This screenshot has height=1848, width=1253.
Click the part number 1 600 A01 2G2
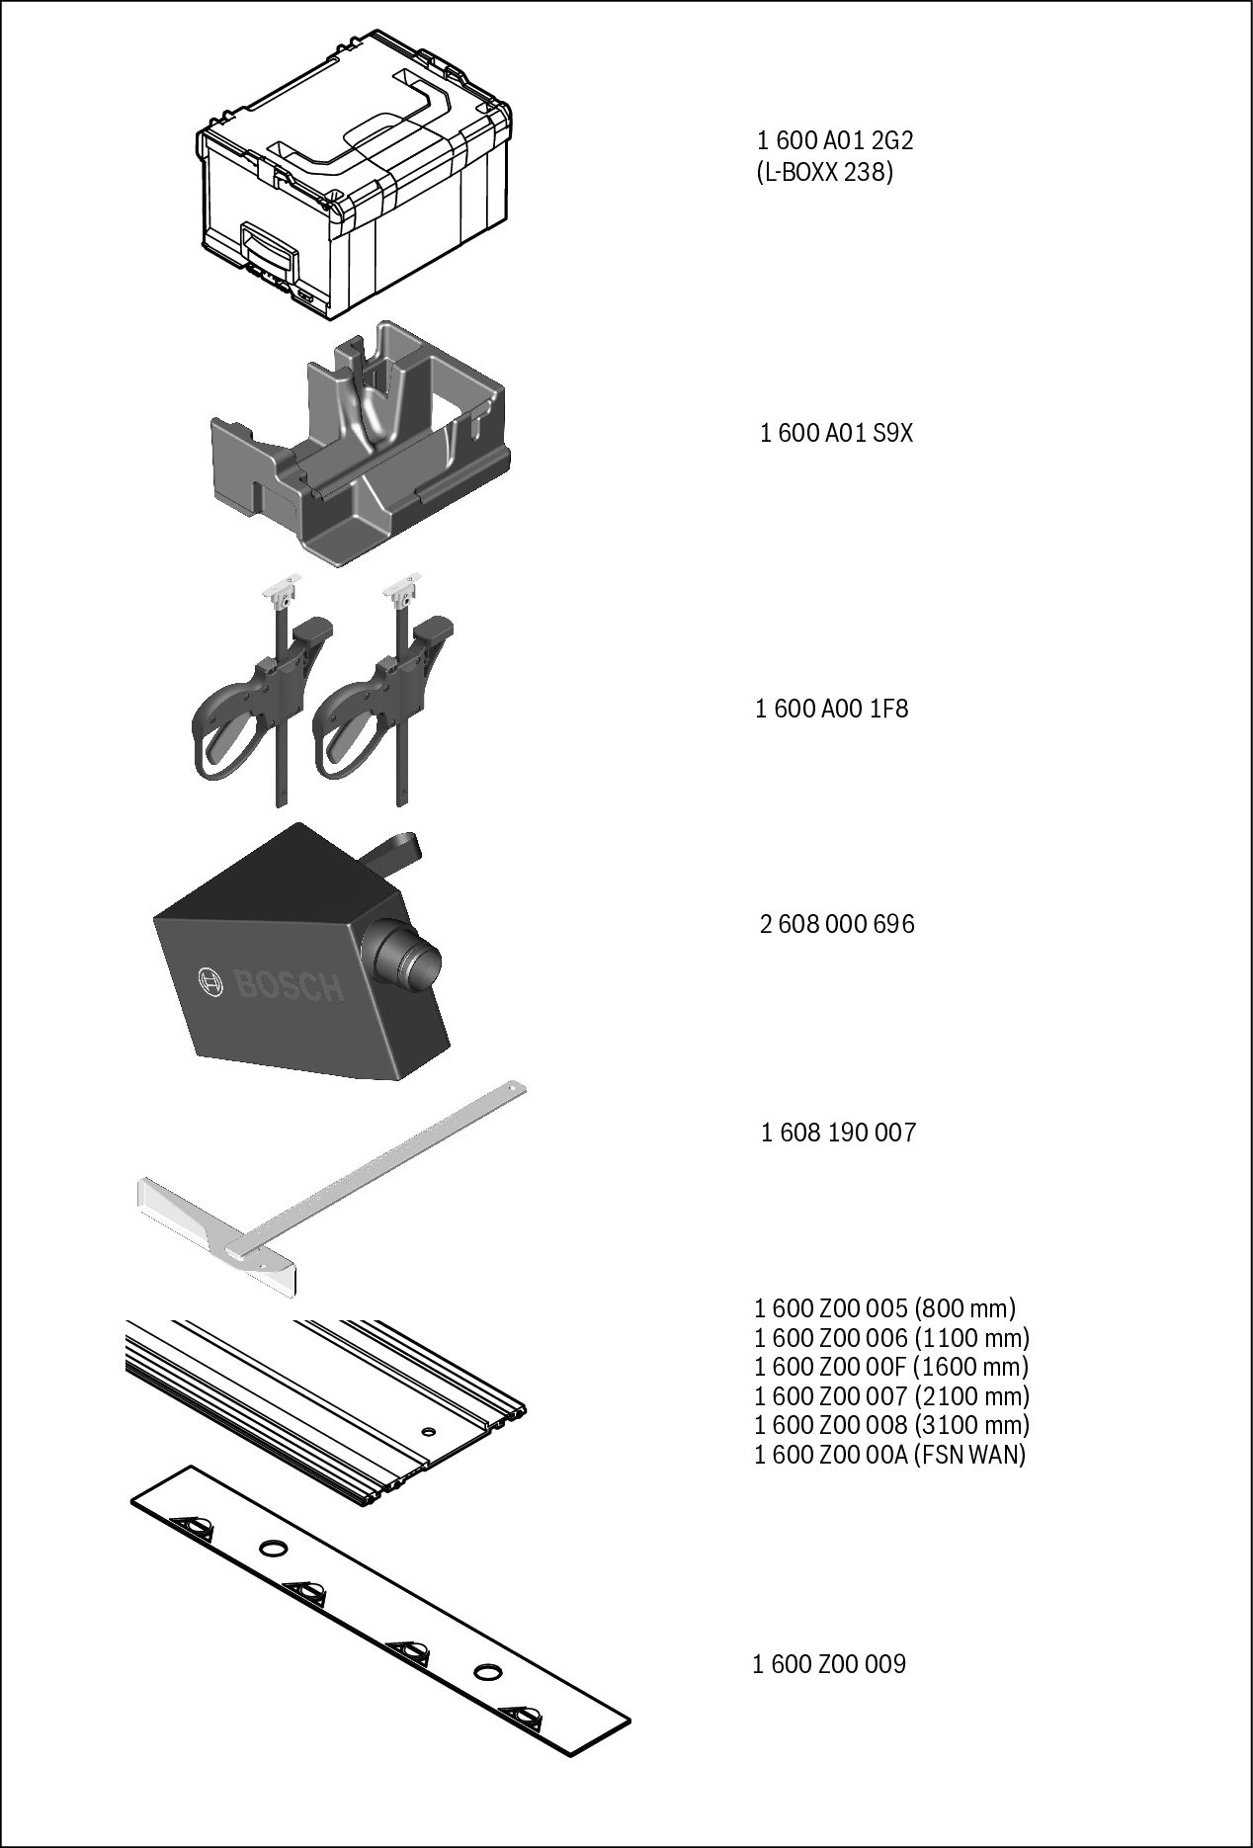pyautogui.click(x=835, y=140)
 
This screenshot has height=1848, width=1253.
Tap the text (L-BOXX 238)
pyautogui.click(x=824, y=173)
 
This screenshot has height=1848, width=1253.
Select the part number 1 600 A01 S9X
pyautogui.click(x=837, y=433)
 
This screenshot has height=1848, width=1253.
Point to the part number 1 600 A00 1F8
pyautogui.click(x=832, y=709)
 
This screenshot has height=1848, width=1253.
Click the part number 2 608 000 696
pyautogui.click(x=837, y=925)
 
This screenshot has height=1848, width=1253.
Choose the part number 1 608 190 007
pyautogui.click(x=838, y=1133)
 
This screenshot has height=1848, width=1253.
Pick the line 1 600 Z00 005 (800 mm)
pyautogui.click(x=885, y=1309)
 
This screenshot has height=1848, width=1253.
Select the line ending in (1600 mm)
pyautogui.click(x=891, y=1368)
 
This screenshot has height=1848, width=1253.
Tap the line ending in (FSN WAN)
pyautogui.click(x=890, y=1455)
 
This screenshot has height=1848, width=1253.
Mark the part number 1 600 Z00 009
pyautogui.click(x=829, y=1665)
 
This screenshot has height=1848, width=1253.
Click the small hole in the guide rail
pyautogui.click(x=427, y=1432)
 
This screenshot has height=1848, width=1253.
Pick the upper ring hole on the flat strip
pyautogui.click(x=274, y=1548)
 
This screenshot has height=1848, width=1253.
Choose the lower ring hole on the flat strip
pyautogui.click(x=487, y=1671)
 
